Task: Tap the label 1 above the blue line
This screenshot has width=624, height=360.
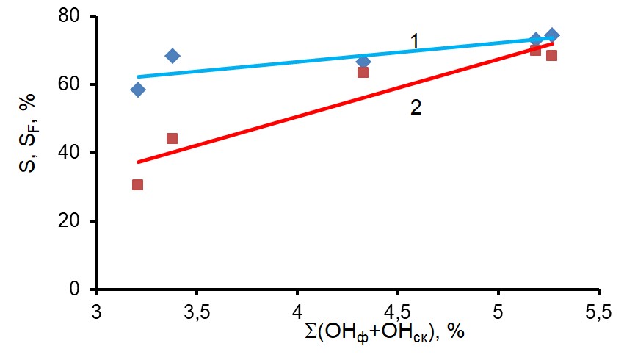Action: tap(414, 42)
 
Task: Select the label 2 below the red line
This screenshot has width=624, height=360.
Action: tap(416, 108)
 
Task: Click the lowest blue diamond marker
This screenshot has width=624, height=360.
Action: tap(138, 90)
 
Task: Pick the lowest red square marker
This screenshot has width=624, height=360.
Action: tap(137, 184)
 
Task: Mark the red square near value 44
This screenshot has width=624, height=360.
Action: tap(172, 138)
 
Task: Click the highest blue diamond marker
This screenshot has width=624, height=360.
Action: tap(552, 35)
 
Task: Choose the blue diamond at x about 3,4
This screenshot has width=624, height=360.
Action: tap(173, 56)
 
